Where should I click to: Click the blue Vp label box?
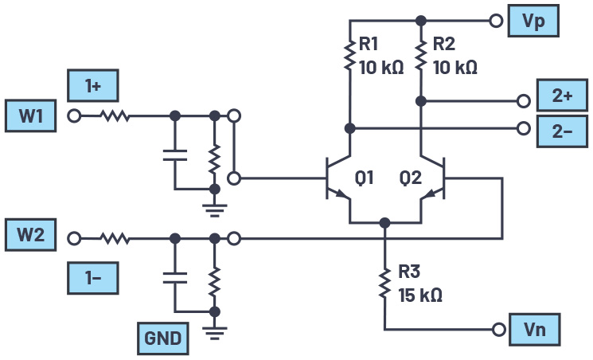533,21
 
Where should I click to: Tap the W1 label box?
31,115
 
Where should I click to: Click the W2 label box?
31,237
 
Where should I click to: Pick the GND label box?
162,339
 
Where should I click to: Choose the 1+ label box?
92,85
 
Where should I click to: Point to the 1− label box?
92,279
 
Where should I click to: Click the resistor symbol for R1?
349,57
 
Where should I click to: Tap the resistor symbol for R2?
421,57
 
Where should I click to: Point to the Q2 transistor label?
410,178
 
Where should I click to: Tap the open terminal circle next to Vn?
499,329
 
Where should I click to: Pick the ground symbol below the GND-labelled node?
214,328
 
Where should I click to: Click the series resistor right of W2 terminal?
115,237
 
